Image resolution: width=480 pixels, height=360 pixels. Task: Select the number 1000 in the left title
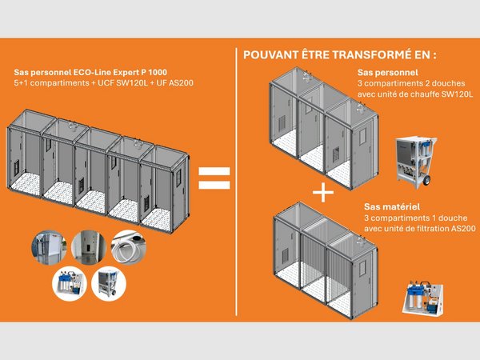click(x=178, y=70)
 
